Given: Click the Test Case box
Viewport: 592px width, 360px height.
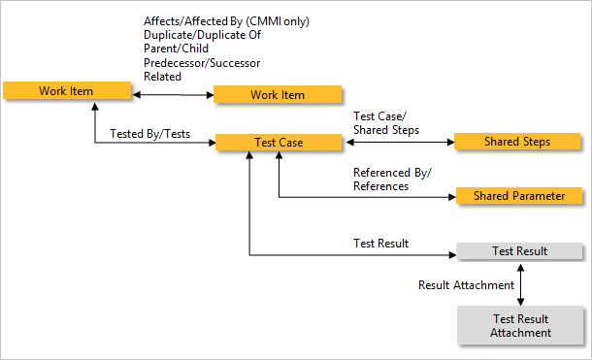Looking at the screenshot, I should pyautogui.click(x=279, y=143).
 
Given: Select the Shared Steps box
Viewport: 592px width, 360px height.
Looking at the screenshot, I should pyautogui.click(x=517, y=142).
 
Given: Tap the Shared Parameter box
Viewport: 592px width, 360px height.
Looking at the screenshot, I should pyautogui.click(x=519, y=196).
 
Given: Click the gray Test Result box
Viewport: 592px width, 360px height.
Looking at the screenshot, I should pyautogui.click(x=519, y=251).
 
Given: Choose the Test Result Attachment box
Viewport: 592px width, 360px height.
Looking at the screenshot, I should pyautogui.click(x=520, y=325).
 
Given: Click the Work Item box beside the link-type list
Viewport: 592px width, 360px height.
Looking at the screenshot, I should pyautogui.click(x=278, y=94).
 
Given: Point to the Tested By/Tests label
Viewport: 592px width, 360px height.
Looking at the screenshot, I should pyautogui.click(x=150, y=134).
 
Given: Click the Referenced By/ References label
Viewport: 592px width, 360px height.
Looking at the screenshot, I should pyautogui.click(x=392, y=180).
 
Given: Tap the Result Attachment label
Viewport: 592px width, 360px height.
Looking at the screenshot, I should pyautogui.click(x=466, y=285).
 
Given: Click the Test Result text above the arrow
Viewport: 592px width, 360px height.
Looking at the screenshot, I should pyautogui.click(x=380, y=243).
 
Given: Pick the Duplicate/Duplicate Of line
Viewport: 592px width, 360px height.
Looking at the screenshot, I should pyautogui.click(x=203, y=35).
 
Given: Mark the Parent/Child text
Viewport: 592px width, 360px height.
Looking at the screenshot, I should pyautogui.click(x=175, y=49).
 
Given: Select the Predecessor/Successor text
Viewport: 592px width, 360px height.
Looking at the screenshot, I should pyautogui.click(x=202, y=62).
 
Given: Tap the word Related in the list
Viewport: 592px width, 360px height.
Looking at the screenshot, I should pyautogui.click(x=162, y=76).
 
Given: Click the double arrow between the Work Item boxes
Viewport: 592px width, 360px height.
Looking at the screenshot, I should pyautogui.click(x=172, y=94).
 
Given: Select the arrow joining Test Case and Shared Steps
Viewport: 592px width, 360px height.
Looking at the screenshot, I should pyautogui.click(x=399, y=143).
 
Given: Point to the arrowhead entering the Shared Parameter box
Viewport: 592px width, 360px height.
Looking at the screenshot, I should pyautogui.click(x=450, y=197).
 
